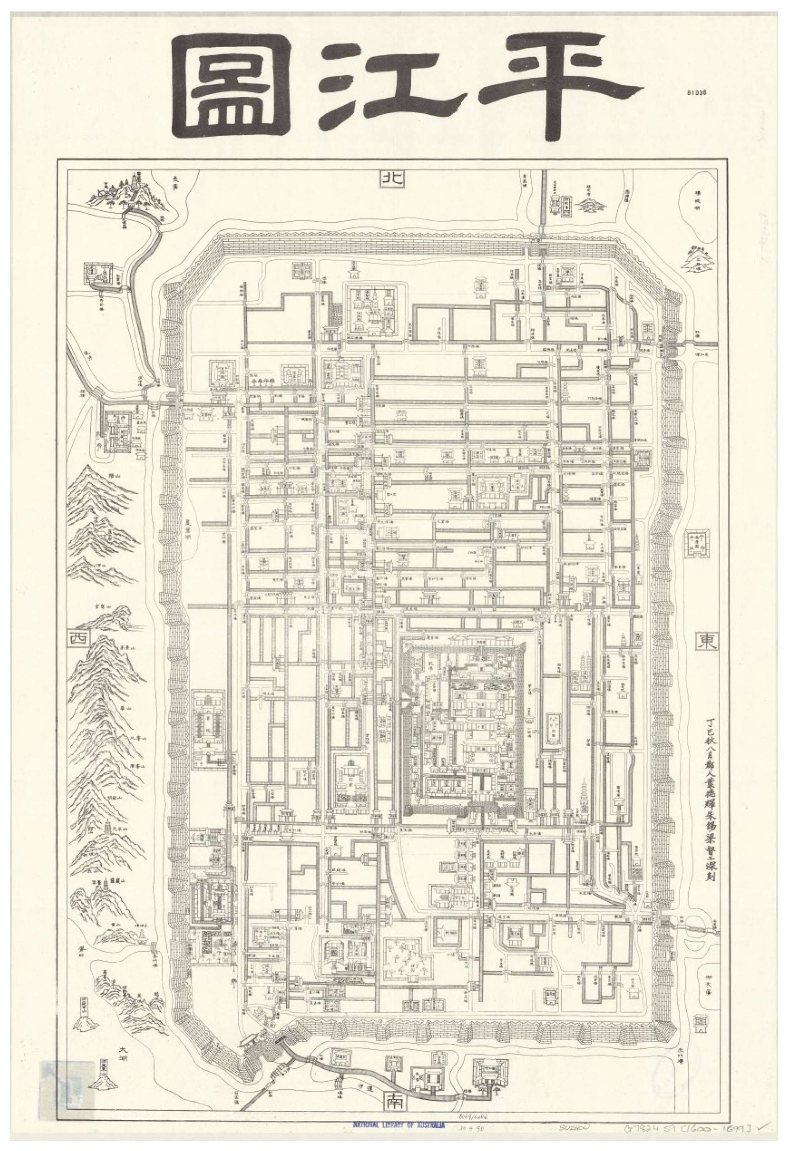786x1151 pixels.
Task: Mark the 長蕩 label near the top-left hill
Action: [x=177, y=182]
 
